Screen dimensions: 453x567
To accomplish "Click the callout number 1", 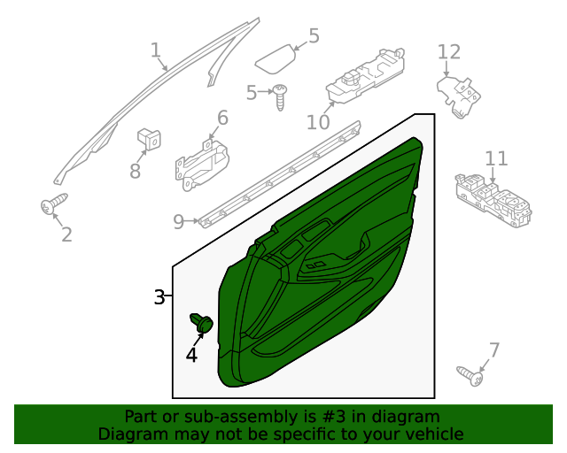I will [156, 50].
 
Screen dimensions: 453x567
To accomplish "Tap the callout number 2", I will [66, 234].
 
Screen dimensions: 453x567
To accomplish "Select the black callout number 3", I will [159, 297].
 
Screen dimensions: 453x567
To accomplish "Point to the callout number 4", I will [192, 355].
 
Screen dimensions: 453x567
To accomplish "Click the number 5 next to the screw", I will [251, 92].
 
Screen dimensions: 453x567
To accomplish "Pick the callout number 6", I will [222, 118].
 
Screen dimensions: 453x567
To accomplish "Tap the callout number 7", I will [494, 349].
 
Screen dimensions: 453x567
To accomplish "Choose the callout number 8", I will [135, 171].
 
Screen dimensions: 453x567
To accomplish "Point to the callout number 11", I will [496, 158].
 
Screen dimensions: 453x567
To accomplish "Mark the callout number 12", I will [449, 52].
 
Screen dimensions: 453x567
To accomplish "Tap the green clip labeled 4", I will [202, 324].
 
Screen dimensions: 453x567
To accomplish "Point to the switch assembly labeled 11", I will [493, 200].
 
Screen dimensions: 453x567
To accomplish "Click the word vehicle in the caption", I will [432, 434].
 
